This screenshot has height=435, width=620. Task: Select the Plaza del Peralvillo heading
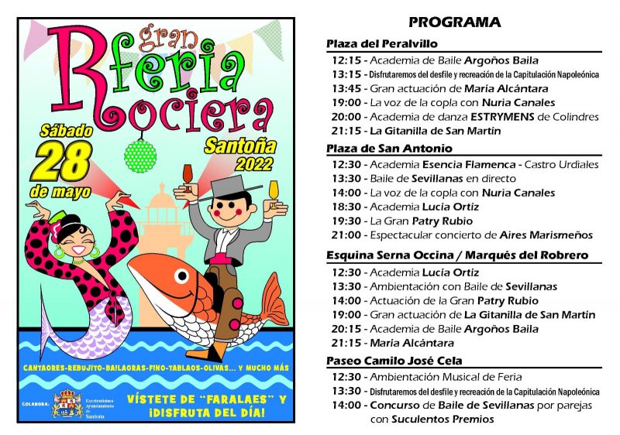[382, 43]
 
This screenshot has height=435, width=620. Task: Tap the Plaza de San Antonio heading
[389, 148]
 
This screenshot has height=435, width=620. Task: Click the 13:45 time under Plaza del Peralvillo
[346, 87]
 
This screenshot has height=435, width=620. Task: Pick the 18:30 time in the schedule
[346, 207]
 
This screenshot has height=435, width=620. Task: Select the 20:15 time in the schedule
[346, 328]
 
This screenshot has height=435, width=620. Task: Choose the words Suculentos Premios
[442, 419]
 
